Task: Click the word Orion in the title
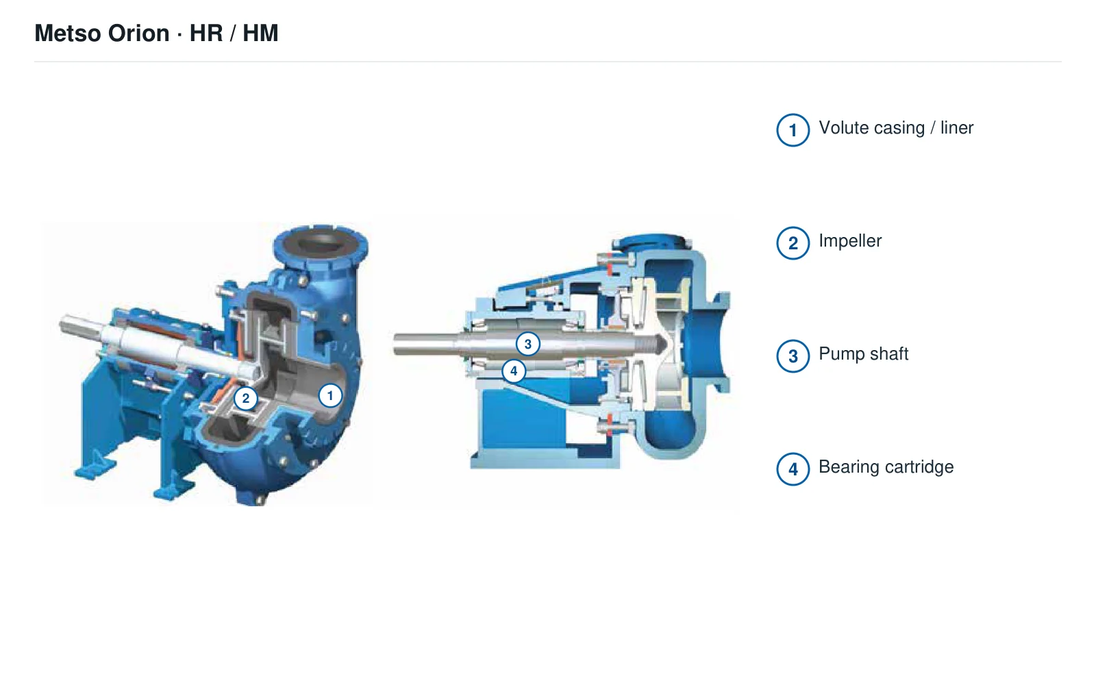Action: tap(138, 34)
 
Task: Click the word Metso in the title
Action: tap(68, 34)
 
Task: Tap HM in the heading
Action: tap(260, 34)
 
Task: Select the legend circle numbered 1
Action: tap(793, 130)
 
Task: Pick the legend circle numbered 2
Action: tap(793, 243)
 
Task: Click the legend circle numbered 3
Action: tap(793, 356)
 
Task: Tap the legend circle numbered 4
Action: tap(793, 469)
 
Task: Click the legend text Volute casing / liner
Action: tap(896, 128)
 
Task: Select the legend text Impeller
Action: tap(850, 241)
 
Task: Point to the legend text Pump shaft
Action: tap(863, 354)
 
